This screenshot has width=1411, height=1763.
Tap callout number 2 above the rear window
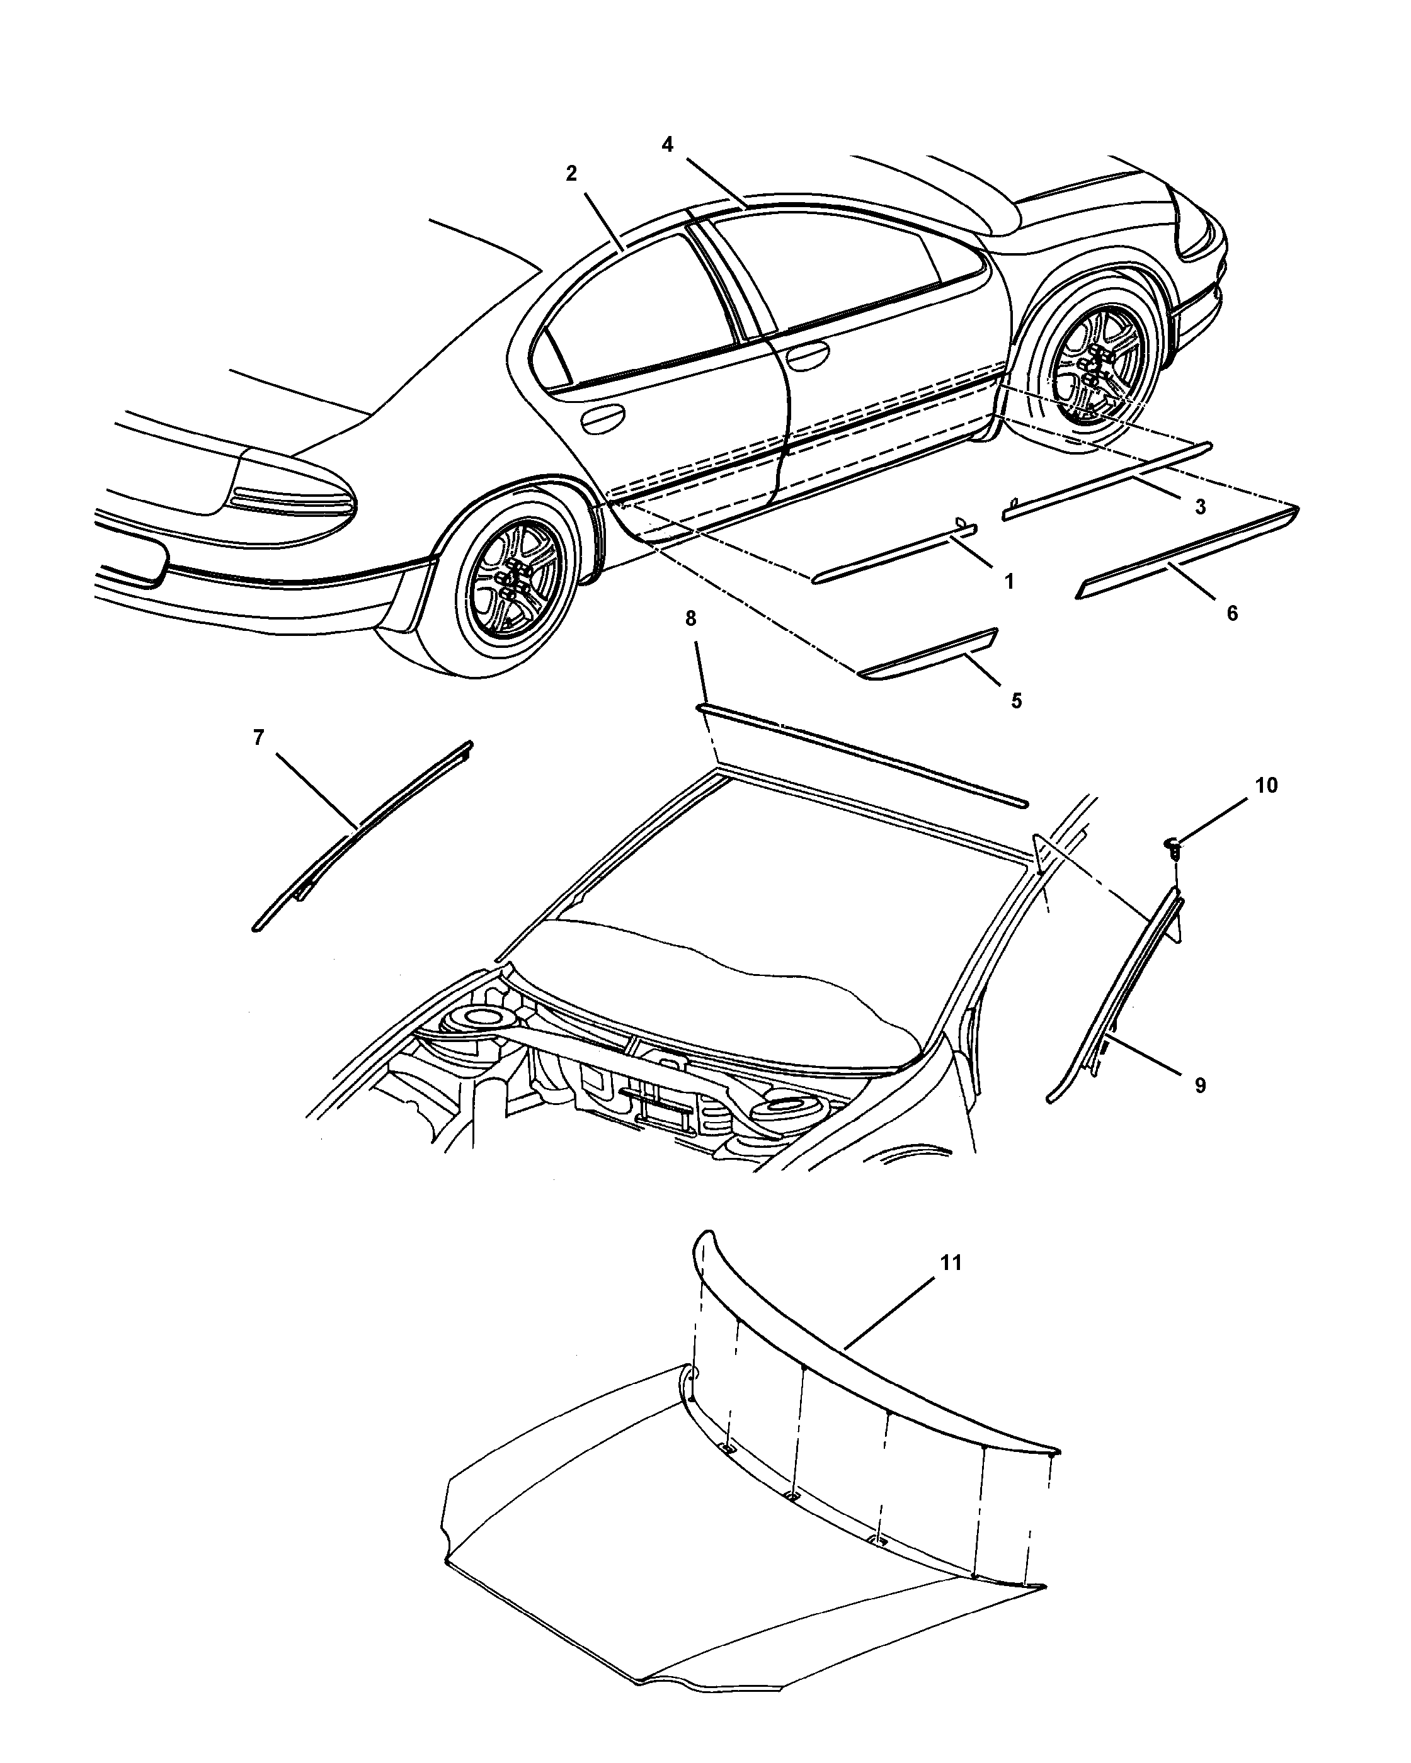point(571,173)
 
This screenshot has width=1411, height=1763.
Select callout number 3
point(1200,507)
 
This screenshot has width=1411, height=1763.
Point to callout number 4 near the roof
point(668,145)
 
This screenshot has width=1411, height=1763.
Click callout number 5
point(1016,701)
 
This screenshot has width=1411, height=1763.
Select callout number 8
point(690,619)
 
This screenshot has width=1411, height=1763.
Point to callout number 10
point(1265,785)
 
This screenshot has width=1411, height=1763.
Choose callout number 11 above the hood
point(951,1262)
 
